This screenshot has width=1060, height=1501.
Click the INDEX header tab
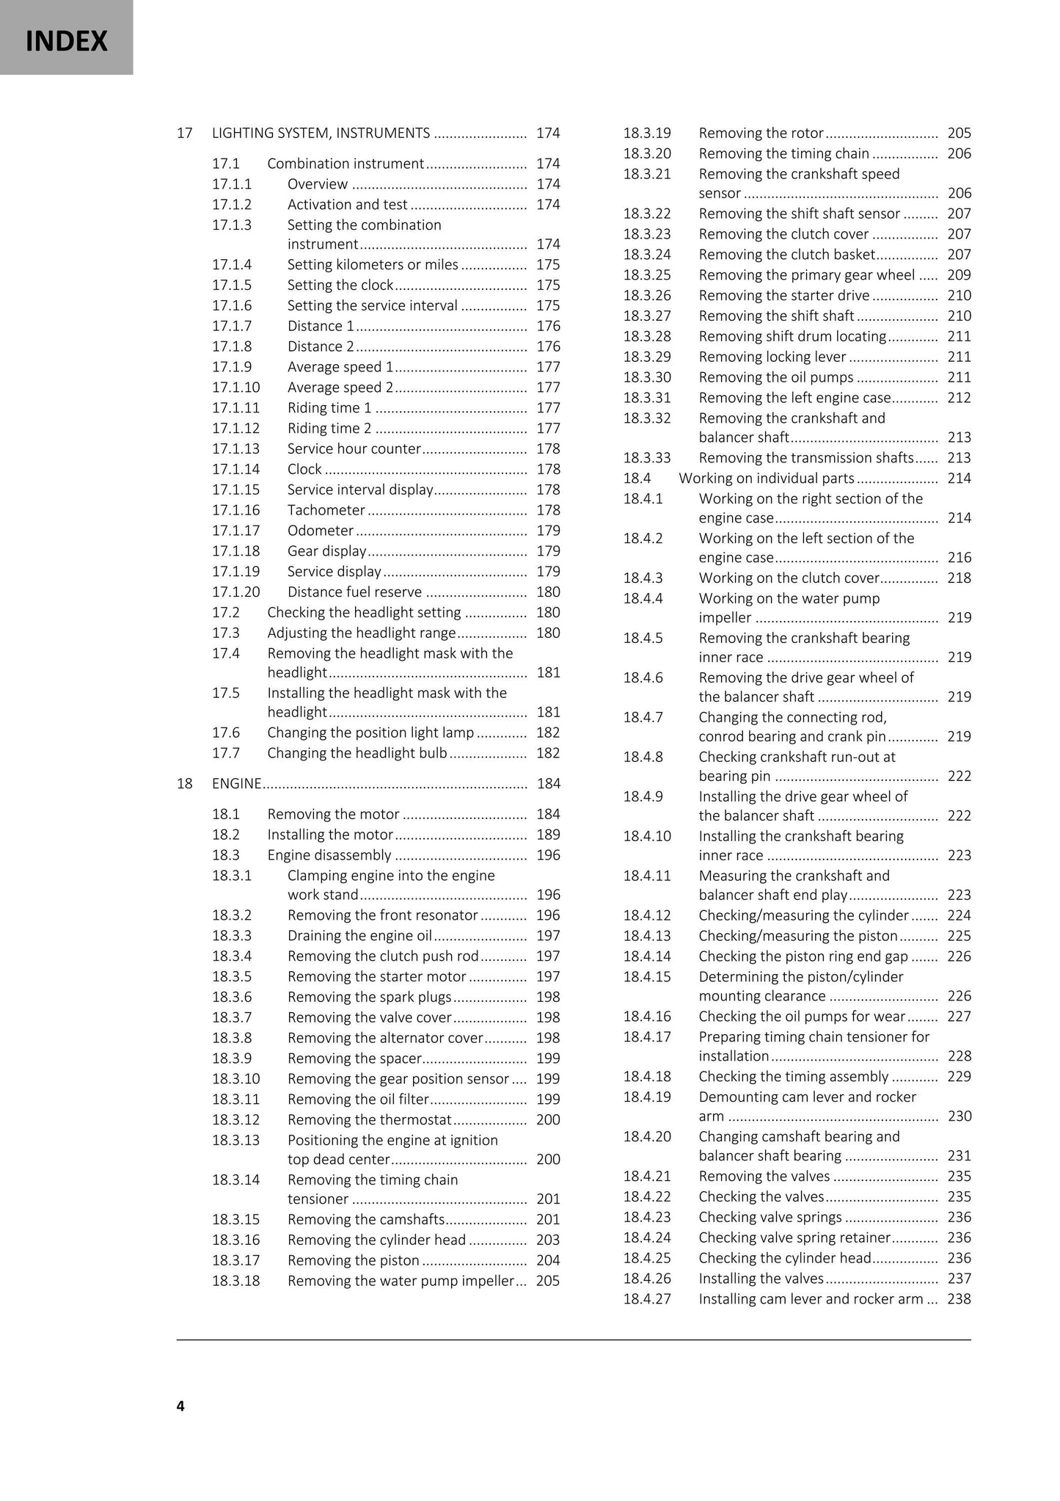(66, 40)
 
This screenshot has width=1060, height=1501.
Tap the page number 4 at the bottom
(180, 1406)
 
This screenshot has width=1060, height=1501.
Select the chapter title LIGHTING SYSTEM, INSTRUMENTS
(321, 133)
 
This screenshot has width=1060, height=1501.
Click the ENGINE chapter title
(236, 783)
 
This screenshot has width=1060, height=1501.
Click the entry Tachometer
(326, 510)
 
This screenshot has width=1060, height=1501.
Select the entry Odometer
(321, 531)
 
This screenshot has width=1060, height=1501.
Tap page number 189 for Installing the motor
(548, 835)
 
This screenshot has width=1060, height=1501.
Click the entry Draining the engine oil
(359, 936)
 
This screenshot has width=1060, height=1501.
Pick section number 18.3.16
(236, 1240)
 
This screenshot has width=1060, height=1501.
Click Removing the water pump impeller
(401, 1281)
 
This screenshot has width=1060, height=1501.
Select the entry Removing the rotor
(761, 133)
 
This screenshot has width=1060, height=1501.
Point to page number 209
(959, 275)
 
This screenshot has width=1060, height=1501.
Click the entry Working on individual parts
(767, 479)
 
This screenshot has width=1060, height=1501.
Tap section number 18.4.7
(643, 717)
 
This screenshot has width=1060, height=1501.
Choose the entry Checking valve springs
(770, 1217)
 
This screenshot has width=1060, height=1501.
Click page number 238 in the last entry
(959, 1299)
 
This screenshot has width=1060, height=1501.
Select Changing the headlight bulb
(357, 753)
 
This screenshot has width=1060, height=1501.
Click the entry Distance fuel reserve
(354, 592)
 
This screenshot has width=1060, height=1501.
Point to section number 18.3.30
(647, 377)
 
